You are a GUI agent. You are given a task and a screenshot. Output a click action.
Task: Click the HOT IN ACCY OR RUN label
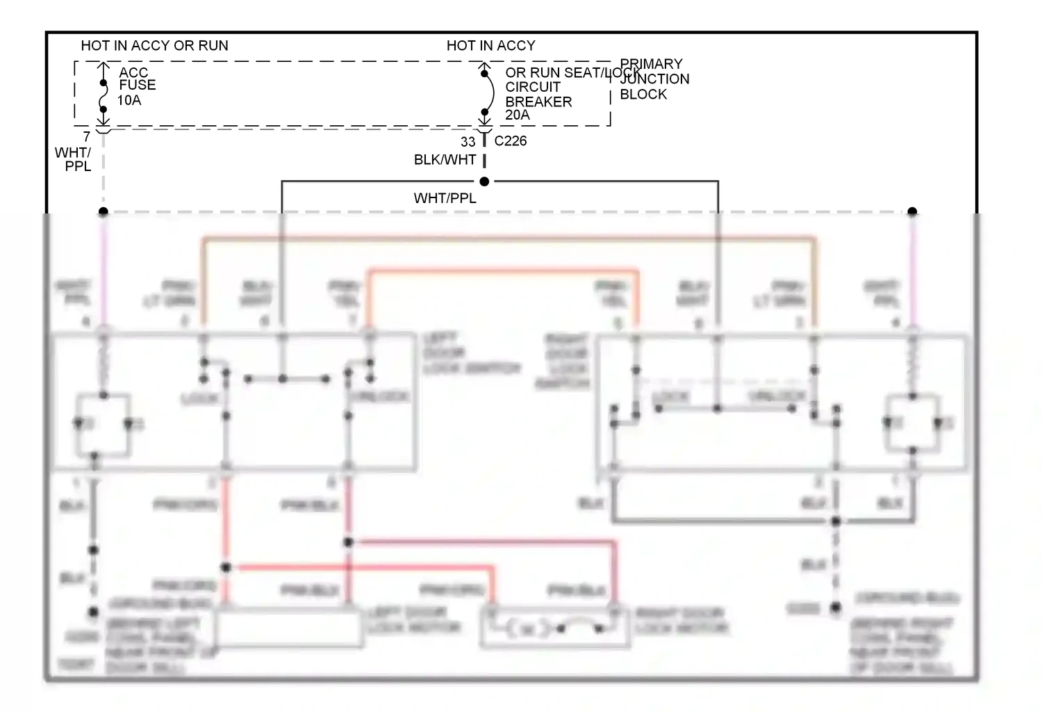click(x=154, y=46)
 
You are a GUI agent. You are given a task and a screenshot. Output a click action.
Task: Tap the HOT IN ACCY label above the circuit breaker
click(x=490, y=46)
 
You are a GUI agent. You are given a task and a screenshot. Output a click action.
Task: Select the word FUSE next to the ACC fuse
click(x=138, y=85)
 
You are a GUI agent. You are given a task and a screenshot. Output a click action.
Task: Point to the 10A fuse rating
click(x=129, y=100)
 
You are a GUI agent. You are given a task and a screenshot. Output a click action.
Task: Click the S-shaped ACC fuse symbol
click(x=104, y=95)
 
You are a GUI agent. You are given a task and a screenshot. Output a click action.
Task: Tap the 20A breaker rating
click(x=517, y=115)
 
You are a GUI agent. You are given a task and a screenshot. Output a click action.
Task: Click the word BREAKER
click(x=538, y=102)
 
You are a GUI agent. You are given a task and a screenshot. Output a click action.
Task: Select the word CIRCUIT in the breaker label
click(x=533, y=87)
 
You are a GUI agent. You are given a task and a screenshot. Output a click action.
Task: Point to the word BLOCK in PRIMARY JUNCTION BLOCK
click(x=643, y=95)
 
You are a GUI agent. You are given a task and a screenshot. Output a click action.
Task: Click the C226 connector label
click(x=511, y=141)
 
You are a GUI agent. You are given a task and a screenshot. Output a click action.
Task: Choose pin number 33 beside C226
click(x=468, y=142)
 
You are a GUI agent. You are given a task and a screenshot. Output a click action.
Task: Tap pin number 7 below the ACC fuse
click(x=87, y=137)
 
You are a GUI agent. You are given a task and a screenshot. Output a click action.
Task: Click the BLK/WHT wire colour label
click(x=445, y=160)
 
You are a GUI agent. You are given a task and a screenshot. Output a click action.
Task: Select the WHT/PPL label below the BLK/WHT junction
click(x=445, y=199)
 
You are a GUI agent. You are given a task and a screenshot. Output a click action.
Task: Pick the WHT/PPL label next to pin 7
click(x=74, y=159)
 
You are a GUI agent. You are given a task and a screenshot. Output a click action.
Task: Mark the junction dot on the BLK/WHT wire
click(x=485, y=181)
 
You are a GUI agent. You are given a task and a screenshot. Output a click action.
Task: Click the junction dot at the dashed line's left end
click(x=104, y=211)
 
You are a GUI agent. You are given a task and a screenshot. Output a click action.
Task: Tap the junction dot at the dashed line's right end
click(x=913, y=211)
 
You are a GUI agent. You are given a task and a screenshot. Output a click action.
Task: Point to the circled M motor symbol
click(x=527, y=629)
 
